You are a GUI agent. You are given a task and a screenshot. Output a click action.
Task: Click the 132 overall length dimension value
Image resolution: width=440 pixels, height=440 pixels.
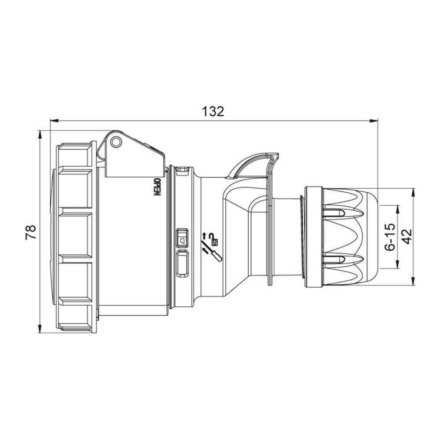213,111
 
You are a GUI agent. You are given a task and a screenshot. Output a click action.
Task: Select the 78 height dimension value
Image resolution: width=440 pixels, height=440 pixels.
31,232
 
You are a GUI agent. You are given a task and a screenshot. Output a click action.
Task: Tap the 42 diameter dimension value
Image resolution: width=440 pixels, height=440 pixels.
407,237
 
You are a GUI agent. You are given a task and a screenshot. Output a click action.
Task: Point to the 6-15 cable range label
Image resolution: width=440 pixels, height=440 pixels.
390,237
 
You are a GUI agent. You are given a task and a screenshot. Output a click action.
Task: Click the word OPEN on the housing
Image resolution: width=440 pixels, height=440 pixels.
157,187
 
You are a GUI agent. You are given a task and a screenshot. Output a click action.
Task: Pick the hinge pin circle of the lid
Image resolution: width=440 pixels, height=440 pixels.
116,142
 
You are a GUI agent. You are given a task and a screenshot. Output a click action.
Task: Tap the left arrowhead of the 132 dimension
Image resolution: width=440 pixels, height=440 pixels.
54,121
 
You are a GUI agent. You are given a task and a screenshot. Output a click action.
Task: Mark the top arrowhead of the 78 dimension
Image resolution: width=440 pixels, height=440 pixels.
40,134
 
